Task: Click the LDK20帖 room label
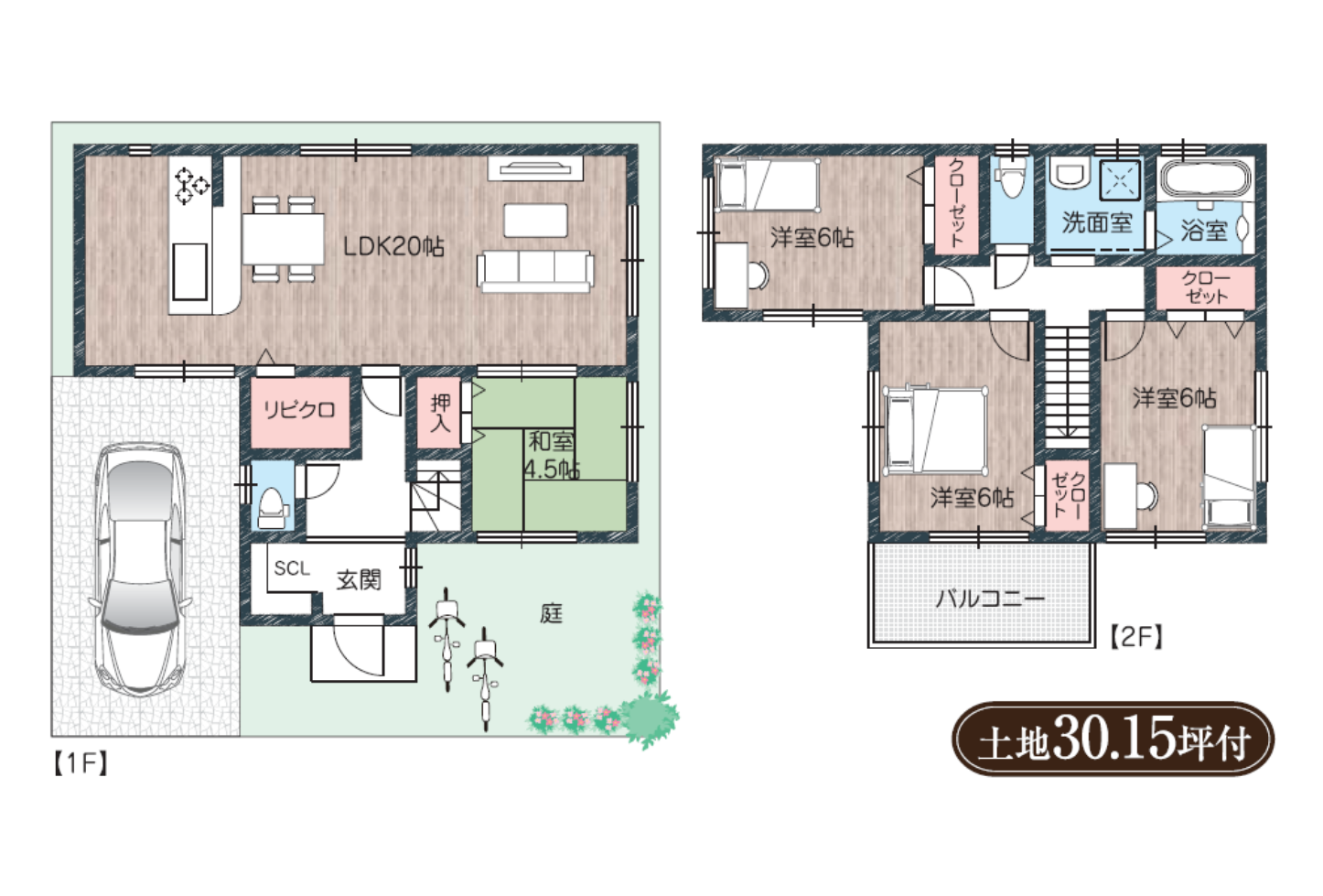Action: pyautogui.click(x=393, y=246)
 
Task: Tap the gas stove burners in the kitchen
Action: pyautogui.click(x=191, y=185)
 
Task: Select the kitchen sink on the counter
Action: pyautogui.click(x=189, y=273)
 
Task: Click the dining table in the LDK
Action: pyautogui.click(x=283, y=239)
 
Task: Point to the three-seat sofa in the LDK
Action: pyautogui.click(x=535, y=271)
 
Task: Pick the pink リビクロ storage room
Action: pyautogui.click(x=300, y=412)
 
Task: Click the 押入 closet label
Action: pyautogui.click(x=440, y=413)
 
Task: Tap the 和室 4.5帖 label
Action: pyautogui.click(x=552, y=456)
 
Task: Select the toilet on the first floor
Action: pyautogui.click(x=273, y=507)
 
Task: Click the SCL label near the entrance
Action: pyautogui.click(x=292, y=568)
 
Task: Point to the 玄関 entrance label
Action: pyautogui.click(x=359, y=580)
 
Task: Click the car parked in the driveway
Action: pyautogui.click(x=141, y=570)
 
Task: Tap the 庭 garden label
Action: pyautogui.click(x=551, y=614)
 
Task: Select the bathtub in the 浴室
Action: pyautogui.click(x=1205, y=178)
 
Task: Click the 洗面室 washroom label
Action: pyautogui.click(x=1097, y=222)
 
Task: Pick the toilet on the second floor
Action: pyautogui.click(x=1011, y=179)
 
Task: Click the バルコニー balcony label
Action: pyautogui.click(x=990, y=599)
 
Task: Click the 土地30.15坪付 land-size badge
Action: pyautogui.click(x=1113, y=739)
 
